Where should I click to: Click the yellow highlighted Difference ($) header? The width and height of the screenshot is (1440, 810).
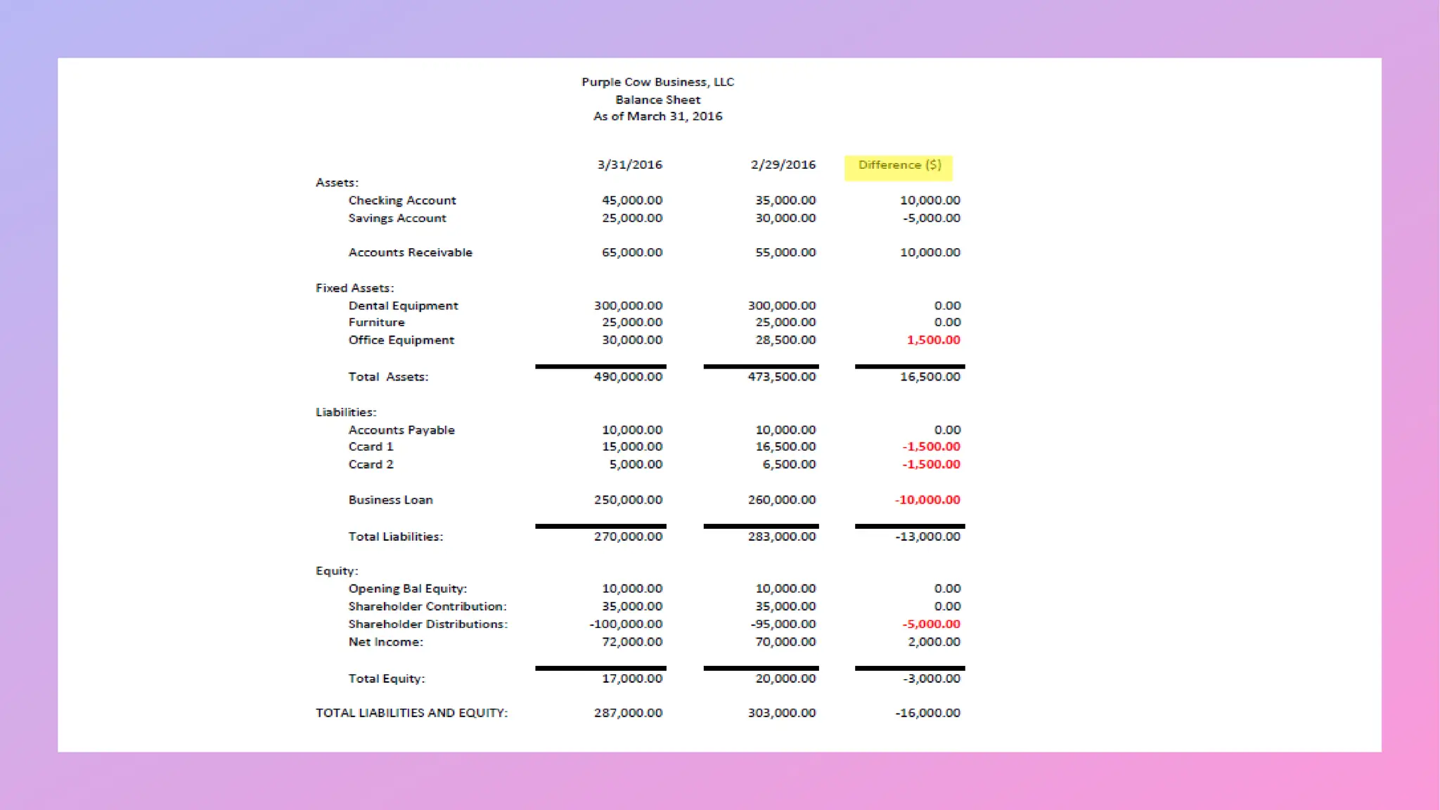click(x=899, y=165)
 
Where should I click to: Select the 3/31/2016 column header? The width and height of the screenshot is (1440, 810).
click(x=629, y=165)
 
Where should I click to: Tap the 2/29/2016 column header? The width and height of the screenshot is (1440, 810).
click(x=783, y=165)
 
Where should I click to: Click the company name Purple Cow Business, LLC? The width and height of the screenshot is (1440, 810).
click(x=657, y=82)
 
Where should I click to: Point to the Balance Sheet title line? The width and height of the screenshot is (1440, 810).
click(x=657, y=100)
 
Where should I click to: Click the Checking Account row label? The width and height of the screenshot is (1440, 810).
click(x=402, y=200)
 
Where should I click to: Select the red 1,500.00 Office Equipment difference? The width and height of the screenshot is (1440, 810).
click(x=933, y=340)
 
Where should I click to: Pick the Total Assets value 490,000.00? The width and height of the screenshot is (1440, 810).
click(x=628, y=377)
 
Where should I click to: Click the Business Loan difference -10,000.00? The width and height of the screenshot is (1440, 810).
click(x=927, y=500)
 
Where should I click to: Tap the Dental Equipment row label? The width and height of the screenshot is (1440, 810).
click(x=403, y=306)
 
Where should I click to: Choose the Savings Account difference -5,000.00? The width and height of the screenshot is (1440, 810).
click(x=931, y=218)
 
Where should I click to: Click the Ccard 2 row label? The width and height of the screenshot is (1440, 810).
click(x=371, y=465)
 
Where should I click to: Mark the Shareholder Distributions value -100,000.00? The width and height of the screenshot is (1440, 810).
click(x=626, y=624)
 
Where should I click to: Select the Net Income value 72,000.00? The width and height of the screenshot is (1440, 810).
click(x=631, y=642)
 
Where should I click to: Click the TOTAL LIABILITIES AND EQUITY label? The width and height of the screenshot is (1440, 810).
click(x=411, y=713)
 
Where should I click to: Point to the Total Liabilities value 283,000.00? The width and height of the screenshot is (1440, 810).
click(x=782, y=536)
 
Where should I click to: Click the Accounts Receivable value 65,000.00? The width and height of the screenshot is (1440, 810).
click(x=631, y=252)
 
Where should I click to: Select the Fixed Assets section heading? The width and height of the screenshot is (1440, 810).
click(x=354, y=288)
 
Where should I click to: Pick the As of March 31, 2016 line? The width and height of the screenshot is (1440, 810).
click(x=657, y=117)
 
